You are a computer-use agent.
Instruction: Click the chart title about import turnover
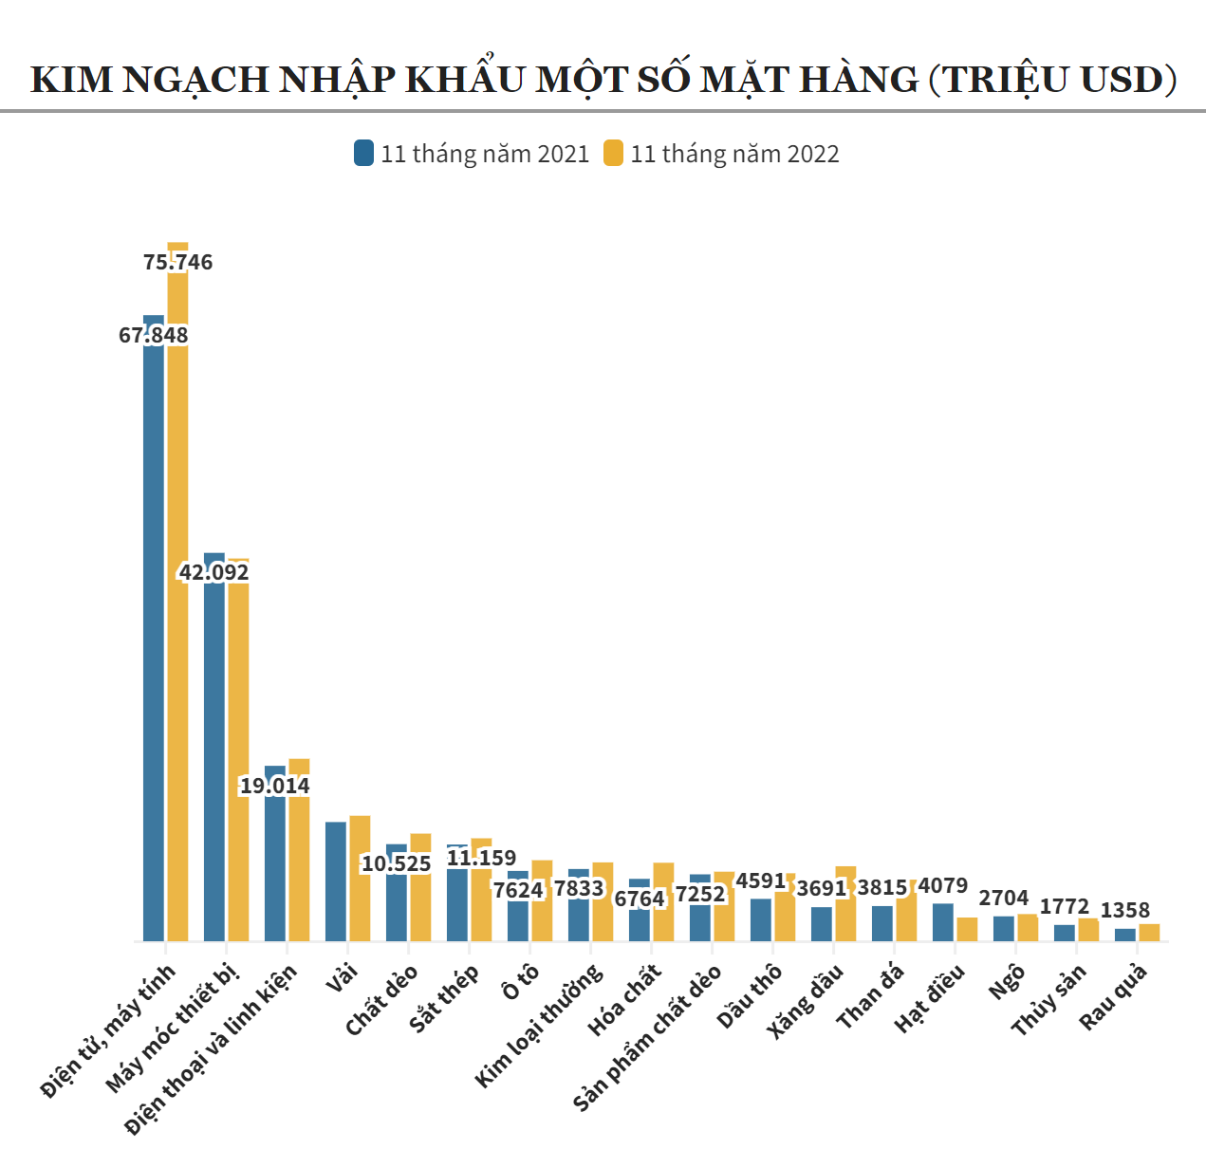(x=603, y=80)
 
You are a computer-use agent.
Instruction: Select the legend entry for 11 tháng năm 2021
(x=472, y=154)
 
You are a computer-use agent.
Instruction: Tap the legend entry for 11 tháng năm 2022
(x=721, y=154)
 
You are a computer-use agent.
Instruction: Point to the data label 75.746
(x=178, y=262)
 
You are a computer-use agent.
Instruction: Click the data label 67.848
(x=154, y=335)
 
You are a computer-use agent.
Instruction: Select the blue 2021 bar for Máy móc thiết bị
(x=214, y=759)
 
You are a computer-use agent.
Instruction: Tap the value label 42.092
(x=214, y=572)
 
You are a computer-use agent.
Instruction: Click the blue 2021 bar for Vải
(x=336, y=881)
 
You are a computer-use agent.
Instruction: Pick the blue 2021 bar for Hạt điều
(x=942, y=922)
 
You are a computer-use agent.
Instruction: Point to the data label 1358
(x=1124, y=910)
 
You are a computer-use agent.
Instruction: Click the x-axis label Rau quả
(x=1114, y=996)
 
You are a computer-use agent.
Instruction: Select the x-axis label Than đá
(x=870, y=996)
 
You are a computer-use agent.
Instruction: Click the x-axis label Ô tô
(x=520, y=982)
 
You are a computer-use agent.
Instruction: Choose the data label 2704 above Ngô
(x=1004, y=898)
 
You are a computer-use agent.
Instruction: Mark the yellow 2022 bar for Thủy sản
(x=1088, y=930)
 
